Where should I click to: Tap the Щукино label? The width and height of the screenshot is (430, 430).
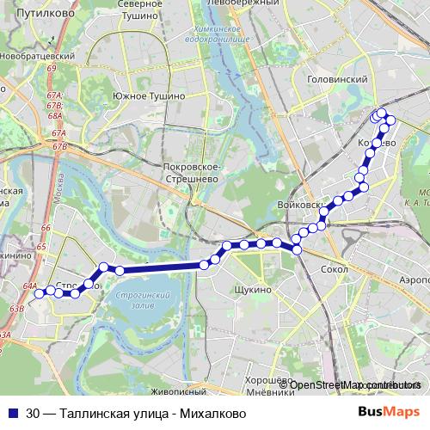tap(252, 290)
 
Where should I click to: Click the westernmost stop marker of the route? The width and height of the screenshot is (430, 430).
tap(38, 293)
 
